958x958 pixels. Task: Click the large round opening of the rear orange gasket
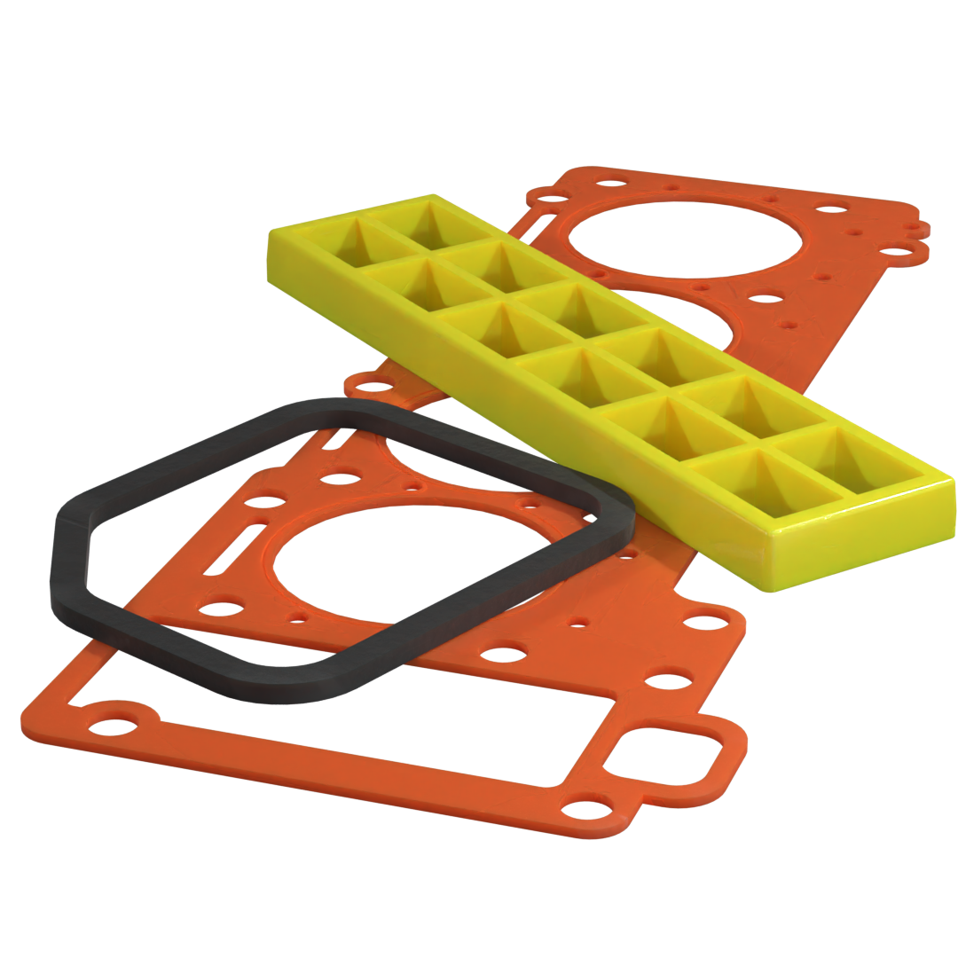683,238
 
